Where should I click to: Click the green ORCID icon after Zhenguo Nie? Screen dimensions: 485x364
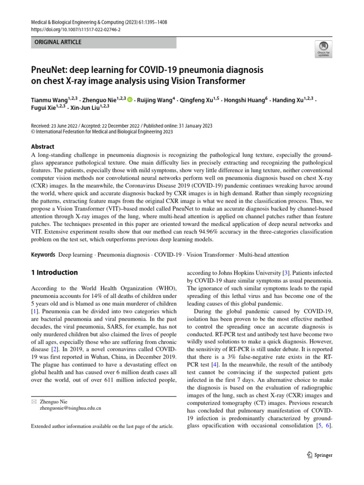click(130, 100)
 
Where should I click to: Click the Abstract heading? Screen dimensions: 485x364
click(43, 147)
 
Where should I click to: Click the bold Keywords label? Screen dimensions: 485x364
click(44, 255)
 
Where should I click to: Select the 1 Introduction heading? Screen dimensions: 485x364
click(54, 272)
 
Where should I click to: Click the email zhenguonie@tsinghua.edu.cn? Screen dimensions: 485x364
click(71, 407)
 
